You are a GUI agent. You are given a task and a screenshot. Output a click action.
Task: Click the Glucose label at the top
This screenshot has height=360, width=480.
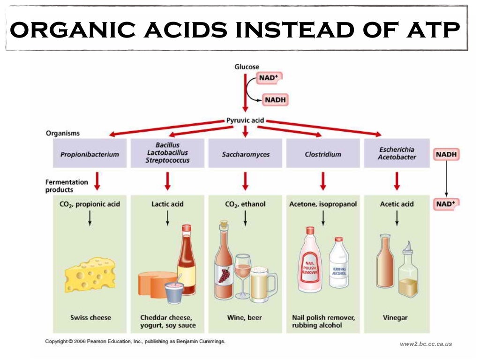click(247, 67)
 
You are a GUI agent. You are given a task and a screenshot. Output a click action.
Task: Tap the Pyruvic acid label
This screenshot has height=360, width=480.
click(245, 120)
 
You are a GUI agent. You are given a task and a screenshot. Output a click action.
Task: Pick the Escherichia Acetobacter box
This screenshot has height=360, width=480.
click(397, 153)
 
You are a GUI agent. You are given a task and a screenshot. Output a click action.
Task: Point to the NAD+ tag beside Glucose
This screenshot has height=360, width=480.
click(270, 78)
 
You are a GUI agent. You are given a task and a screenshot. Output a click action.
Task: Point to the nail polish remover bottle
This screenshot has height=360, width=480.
click(310, 263)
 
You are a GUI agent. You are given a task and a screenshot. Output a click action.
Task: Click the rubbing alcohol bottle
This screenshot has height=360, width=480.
click(338, 263)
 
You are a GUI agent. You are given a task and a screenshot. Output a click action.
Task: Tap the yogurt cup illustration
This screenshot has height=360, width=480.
click(174, 292)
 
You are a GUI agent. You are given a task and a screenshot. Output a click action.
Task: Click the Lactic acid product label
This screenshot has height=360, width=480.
click(167, 204)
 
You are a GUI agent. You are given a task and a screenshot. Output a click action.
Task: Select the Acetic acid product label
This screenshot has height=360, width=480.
click(397, 204)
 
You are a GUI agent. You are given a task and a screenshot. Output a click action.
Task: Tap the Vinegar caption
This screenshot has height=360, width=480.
click(395, 317)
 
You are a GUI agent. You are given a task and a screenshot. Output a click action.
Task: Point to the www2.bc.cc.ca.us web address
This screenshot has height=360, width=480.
click(426, 344)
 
